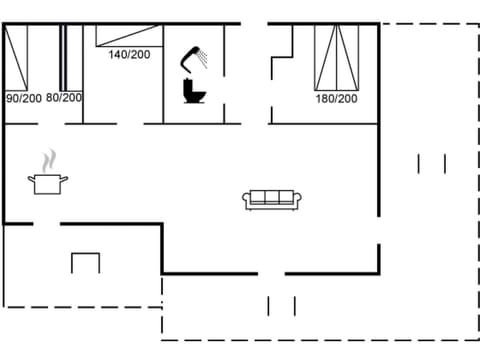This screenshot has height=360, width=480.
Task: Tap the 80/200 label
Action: (64, 98)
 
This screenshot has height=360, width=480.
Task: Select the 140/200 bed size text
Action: (129, 54)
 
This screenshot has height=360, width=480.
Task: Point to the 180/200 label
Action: (336, 99)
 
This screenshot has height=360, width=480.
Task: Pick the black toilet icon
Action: (193, 91)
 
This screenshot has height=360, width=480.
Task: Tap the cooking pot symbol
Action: (48, 183)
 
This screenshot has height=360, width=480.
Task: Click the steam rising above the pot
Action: (48, 160)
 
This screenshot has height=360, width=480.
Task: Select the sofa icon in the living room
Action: (272, 200)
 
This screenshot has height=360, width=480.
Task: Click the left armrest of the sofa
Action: (246, 201)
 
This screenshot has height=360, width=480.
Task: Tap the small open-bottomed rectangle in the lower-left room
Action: (85, 263)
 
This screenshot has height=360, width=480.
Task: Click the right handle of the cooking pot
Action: (66, 179)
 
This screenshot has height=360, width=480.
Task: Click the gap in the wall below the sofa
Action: (271, 272)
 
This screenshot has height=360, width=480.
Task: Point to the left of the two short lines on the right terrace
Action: (420, 163)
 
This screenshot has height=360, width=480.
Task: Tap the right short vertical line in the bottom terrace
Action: (294, 305)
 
